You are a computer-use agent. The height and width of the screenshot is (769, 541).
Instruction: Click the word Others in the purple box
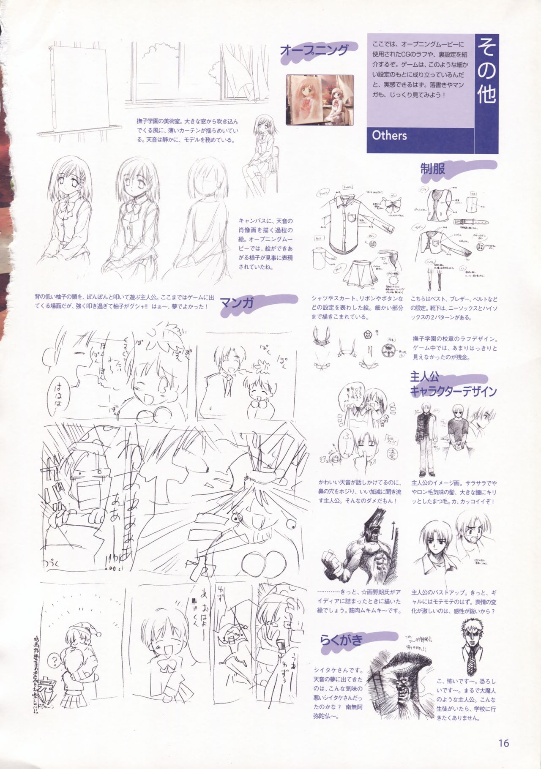click(389, 135)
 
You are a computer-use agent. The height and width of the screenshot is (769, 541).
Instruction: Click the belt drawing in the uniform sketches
click(470, 221)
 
